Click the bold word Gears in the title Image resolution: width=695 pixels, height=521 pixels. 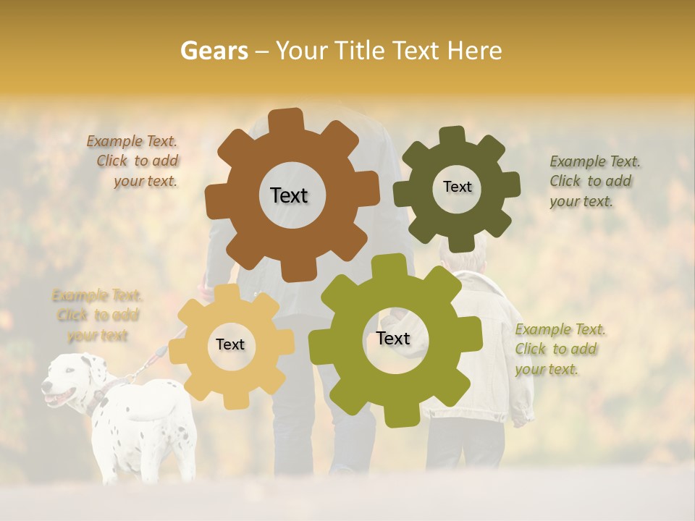click(x=214, y=51)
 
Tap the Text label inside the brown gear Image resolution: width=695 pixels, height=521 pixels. click(x=289, y=195)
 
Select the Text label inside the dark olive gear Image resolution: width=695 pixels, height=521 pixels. click(x=457, y=187)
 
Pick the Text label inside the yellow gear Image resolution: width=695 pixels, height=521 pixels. click(x=230, y=344)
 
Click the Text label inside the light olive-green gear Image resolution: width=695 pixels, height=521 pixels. click(x=393, y=338)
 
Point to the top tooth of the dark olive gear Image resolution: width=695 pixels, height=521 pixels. click(x=452, y=135)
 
